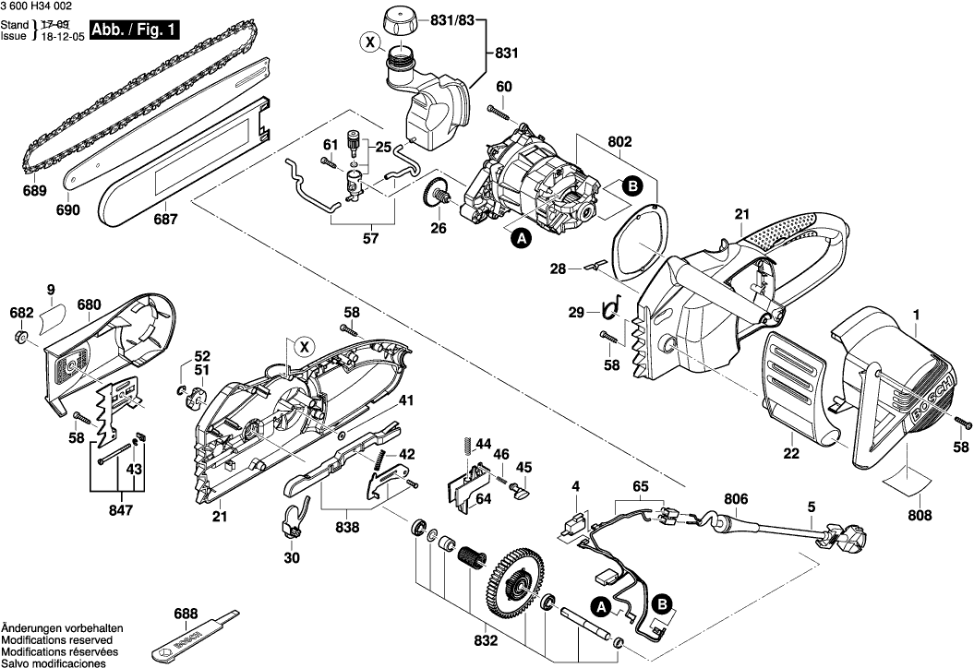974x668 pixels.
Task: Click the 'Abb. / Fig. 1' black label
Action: pyautogui.click(x=134, y=30)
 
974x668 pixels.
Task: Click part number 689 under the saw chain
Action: pyautogui.click(x=35, y=192)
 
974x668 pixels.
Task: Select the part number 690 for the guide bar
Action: pyautogui.click(x=68, y=209)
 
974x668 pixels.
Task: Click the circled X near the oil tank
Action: pyautogui.click(x=369, y=42)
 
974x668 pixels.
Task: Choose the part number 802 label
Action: pyautogui.click(x=619, y=143)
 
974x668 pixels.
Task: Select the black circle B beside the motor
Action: pyautogui.click(x=632, y=185)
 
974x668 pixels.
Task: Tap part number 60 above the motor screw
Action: pyautogui.click(x=503, y=87)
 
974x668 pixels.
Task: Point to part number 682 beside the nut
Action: pyautogui.click(x=21, y=314)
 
